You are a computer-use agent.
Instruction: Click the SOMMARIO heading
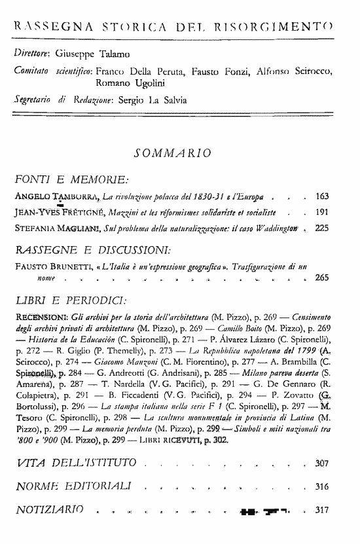tap(171, 154)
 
